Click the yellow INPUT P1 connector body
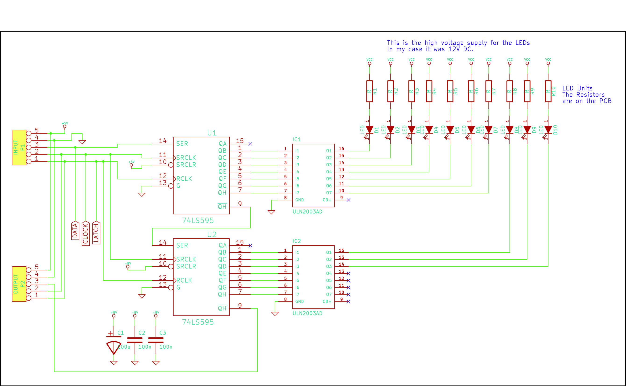[x=19, y=147]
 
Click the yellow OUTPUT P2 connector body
[x=19, y=284]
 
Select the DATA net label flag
[x=75, y=230]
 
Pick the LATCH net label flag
[x=96, y=232]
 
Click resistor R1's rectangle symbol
[x=369, y=91]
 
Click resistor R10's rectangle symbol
[x=548, y=91]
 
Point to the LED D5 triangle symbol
[x=450, y=130]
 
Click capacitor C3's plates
[x=156, y=340]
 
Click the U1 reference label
[x=212, y=133]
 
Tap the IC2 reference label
[x=297, y=241]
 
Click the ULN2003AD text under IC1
[x=307, y=212]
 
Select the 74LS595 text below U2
[x=198, y=322]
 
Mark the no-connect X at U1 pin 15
[x=250, y=144]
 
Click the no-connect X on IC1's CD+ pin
[x=348, y=200]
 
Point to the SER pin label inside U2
[x=182, y=245]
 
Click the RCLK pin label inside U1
[x=184, y=179]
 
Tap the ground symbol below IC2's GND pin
[x=275, y=314]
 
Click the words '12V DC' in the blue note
[x=460, y=49]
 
